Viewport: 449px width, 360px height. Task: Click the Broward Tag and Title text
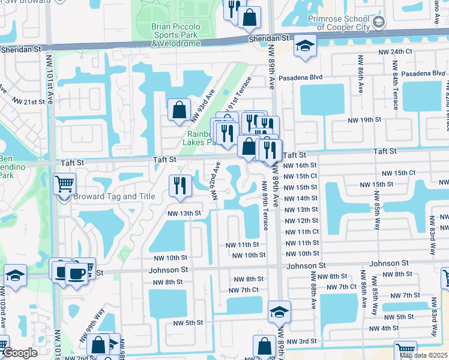[x=114, y=197]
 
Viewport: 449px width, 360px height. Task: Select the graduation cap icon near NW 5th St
[x=279, y=311]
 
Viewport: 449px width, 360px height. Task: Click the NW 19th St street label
[x=365, y=121]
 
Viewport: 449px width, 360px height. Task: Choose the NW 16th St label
[x=300, y=165]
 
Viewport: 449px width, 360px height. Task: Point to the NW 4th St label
[x=384, y=328]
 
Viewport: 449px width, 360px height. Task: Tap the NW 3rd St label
[x=302, y=341]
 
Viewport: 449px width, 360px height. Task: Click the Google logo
[x=20, y=353]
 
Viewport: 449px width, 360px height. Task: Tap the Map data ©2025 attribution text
[x=423, y=355]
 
